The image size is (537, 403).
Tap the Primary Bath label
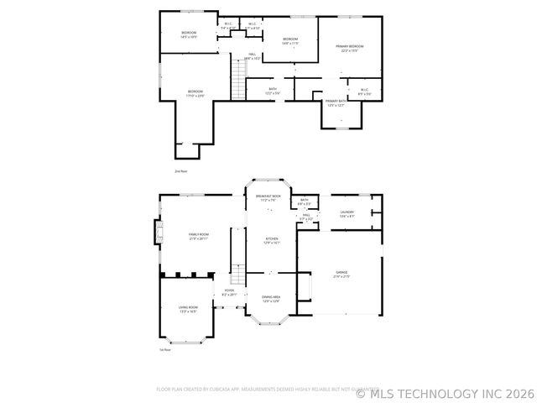[336, 102]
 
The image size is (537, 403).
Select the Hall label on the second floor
[252, 55]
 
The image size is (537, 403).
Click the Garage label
[341, 275]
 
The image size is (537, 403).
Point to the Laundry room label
[347, 214]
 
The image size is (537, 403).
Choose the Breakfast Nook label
[268, 198]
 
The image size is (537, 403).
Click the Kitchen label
[272, 240]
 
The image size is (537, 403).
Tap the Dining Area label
[271, 298]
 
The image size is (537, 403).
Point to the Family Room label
[199, 236]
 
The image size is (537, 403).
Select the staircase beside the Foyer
[238, 275]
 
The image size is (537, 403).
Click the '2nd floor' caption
[180, 170]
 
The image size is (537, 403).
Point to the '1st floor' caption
[165, 349]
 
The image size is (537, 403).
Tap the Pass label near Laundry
[307, 217]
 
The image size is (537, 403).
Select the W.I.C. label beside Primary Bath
[364, 92]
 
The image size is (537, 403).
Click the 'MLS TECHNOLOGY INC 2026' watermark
[445, 392]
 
